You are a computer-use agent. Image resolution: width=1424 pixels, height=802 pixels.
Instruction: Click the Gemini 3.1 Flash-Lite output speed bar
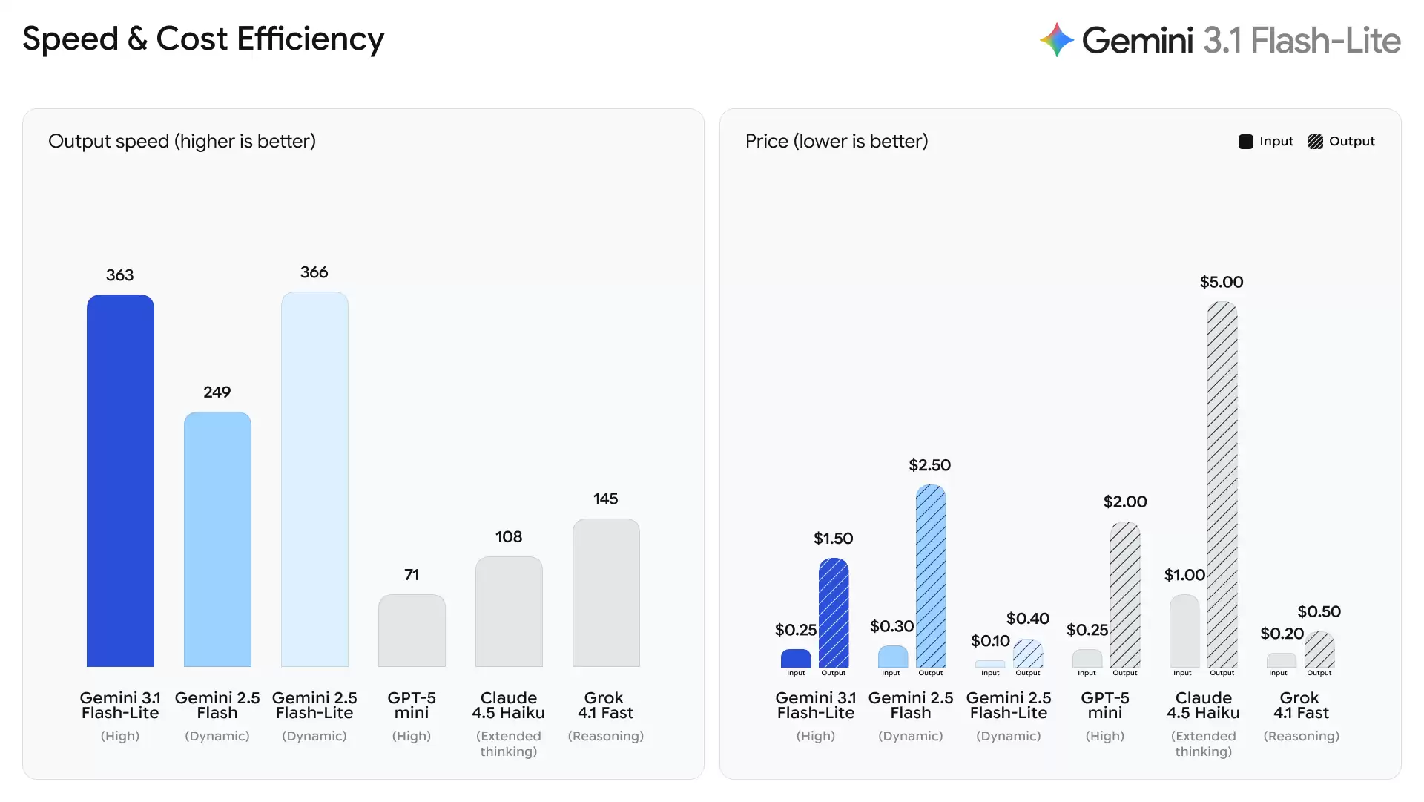120,481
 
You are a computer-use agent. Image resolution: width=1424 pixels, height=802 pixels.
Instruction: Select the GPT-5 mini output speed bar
412,631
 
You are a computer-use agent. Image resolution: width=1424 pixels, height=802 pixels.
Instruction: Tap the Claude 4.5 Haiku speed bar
509,611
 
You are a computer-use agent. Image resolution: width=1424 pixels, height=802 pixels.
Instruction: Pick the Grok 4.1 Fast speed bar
606,593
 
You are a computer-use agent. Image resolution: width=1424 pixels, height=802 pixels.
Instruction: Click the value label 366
314,272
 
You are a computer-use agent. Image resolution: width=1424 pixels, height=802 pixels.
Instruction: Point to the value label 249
217,392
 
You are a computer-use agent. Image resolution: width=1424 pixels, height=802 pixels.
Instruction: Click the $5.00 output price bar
1222,484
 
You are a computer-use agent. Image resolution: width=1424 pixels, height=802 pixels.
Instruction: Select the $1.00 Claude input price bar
1184,631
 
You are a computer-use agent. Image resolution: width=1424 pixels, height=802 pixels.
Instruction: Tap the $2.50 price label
929,465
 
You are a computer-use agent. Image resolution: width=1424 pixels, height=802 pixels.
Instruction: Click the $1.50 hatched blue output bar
834,613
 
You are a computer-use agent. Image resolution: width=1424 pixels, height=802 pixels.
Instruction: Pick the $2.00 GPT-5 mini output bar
1125,594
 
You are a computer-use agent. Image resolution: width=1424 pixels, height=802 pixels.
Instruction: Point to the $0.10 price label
990,640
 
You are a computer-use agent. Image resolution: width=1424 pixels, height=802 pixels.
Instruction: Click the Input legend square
1246,142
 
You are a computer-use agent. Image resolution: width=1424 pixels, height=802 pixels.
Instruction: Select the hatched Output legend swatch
1316,142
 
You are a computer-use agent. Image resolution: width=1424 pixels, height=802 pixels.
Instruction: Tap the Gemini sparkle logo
1057,40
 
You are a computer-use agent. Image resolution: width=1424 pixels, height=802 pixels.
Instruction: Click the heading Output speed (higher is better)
182,141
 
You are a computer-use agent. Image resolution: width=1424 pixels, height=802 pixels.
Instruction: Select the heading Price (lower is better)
837,141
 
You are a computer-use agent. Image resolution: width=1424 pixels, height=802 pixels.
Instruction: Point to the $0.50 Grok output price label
1319,611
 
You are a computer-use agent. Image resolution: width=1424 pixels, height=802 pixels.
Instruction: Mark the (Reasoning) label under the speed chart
606,736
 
